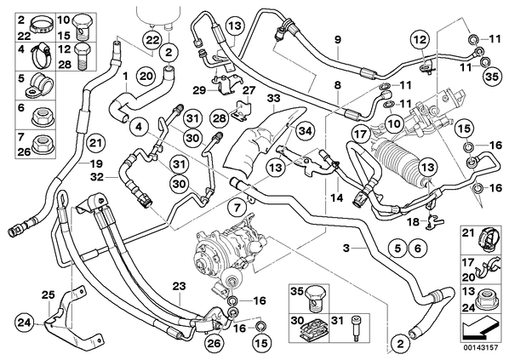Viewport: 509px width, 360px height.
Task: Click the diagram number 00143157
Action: coord(480,347)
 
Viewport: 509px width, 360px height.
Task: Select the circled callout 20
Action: coord(146,77)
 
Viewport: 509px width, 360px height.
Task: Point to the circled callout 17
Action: coord(361,134)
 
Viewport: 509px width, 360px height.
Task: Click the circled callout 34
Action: coord(306,130)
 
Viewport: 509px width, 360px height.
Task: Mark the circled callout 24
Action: coord(25,323)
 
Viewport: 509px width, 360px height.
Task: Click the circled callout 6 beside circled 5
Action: coord(417,249)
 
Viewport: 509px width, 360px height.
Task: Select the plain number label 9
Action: coord(338,40)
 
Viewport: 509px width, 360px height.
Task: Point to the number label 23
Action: coord(179,286)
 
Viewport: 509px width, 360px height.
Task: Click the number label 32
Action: coord(97,177)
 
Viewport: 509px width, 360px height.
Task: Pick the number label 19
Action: coord(96,163)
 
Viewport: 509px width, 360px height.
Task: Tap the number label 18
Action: coord(413,222)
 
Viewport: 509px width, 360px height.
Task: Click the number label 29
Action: coord(199,90)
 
